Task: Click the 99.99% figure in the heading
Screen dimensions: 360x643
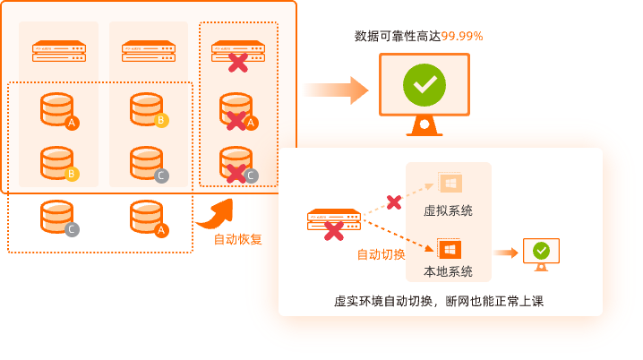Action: coord(462,36)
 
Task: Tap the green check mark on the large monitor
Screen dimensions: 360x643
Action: coord(424,85)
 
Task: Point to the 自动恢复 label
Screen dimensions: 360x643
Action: coord(237,239)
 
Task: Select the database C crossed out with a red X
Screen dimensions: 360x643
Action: coord(236,164)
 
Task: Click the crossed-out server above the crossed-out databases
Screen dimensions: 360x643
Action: coord(236,52)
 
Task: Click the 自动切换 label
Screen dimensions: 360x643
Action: coord(382,254)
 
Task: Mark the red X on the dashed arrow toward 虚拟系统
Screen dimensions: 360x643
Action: coord(393,201)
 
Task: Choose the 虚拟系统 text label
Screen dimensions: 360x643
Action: coord(448,211)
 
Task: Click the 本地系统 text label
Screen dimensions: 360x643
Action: coord(448,271)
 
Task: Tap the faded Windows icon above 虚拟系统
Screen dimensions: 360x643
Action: coord(449,184)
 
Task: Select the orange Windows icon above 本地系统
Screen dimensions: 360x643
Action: coord(449,247)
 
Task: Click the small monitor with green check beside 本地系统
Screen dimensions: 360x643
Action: coord(541,252)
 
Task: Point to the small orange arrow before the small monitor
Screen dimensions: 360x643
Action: coord(507,253)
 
